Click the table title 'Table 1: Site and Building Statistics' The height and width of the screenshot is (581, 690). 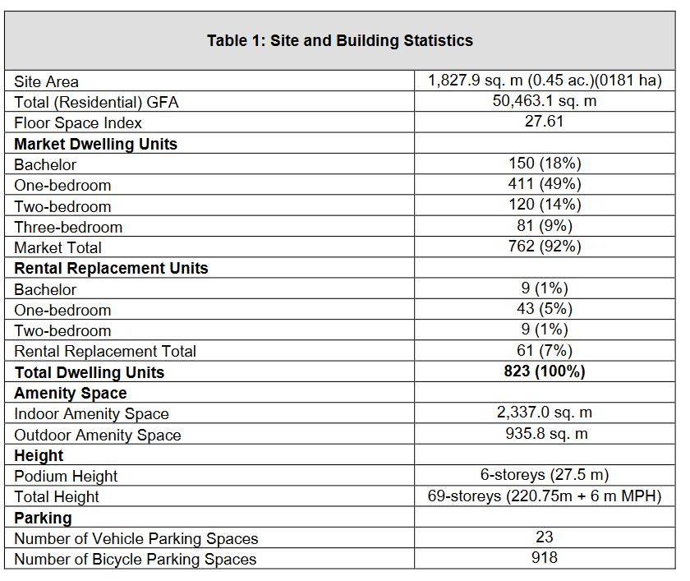(x=340, y=40)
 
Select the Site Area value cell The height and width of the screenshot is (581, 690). (x=545, y=81)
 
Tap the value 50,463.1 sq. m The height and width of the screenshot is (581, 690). (x=545, y=101)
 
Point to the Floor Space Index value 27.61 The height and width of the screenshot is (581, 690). (x=545, y=122)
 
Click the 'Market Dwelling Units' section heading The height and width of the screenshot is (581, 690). (x=95, y=144)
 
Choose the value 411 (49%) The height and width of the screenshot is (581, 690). (x=545, y=183)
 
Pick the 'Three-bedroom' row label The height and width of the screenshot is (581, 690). (x=68, y=227)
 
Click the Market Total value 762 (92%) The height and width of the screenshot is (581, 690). (x=545, y=246)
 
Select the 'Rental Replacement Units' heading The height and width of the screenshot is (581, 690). (x=111, y=268)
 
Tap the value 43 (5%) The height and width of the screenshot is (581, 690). (x=545, y=308)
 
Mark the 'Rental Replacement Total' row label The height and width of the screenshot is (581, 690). (x=105, y=351)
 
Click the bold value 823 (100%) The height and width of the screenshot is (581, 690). (x=545, y=371)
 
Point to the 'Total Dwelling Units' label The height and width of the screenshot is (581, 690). (x=90, y=372)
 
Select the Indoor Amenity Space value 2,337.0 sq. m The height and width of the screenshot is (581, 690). (x=545, y=413)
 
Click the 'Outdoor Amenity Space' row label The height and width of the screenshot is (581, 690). (x=98, y=435)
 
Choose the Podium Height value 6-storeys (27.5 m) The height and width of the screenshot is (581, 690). (x=545, y=474)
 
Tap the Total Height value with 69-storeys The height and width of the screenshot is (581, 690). (x=545, y=496)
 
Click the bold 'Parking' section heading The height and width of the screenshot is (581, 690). (x=43, y=518)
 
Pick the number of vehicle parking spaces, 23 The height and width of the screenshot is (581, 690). (x=545, y=537)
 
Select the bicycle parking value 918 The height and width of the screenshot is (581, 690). (x=545, y=558)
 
